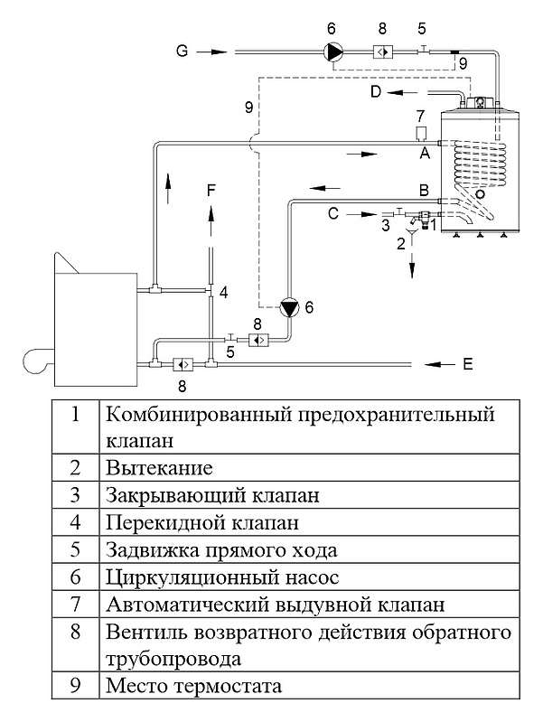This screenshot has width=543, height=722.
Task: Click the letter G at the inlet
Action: point(182,52)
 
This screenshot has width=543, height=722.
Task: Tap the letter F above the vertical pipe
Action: point(211,190)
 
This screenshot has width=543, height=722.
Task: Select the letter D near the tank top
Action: point(376,91)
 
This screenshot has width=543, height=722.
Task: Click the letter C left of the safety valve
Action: point(332,214)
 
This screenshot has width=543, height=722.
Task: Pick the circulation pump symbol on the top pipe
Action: point(334,52)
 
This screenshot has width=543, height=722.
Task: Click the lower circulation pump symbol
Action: point(289,308)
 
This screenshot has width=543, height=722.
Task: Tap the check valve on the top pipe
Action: point(383,52)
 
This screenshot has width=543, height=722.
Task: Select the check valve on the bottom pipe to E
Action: point(182,364)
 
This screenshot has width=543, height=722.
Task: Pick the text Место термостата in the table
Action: point(193,685)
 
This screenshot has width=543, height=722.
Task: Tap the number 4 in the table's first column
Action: point(75,522)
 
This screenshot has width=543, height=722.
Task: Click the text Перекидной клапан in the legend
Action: point(202,522)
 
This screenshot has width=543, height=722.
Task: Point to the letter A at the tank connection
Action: point(423,154)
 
